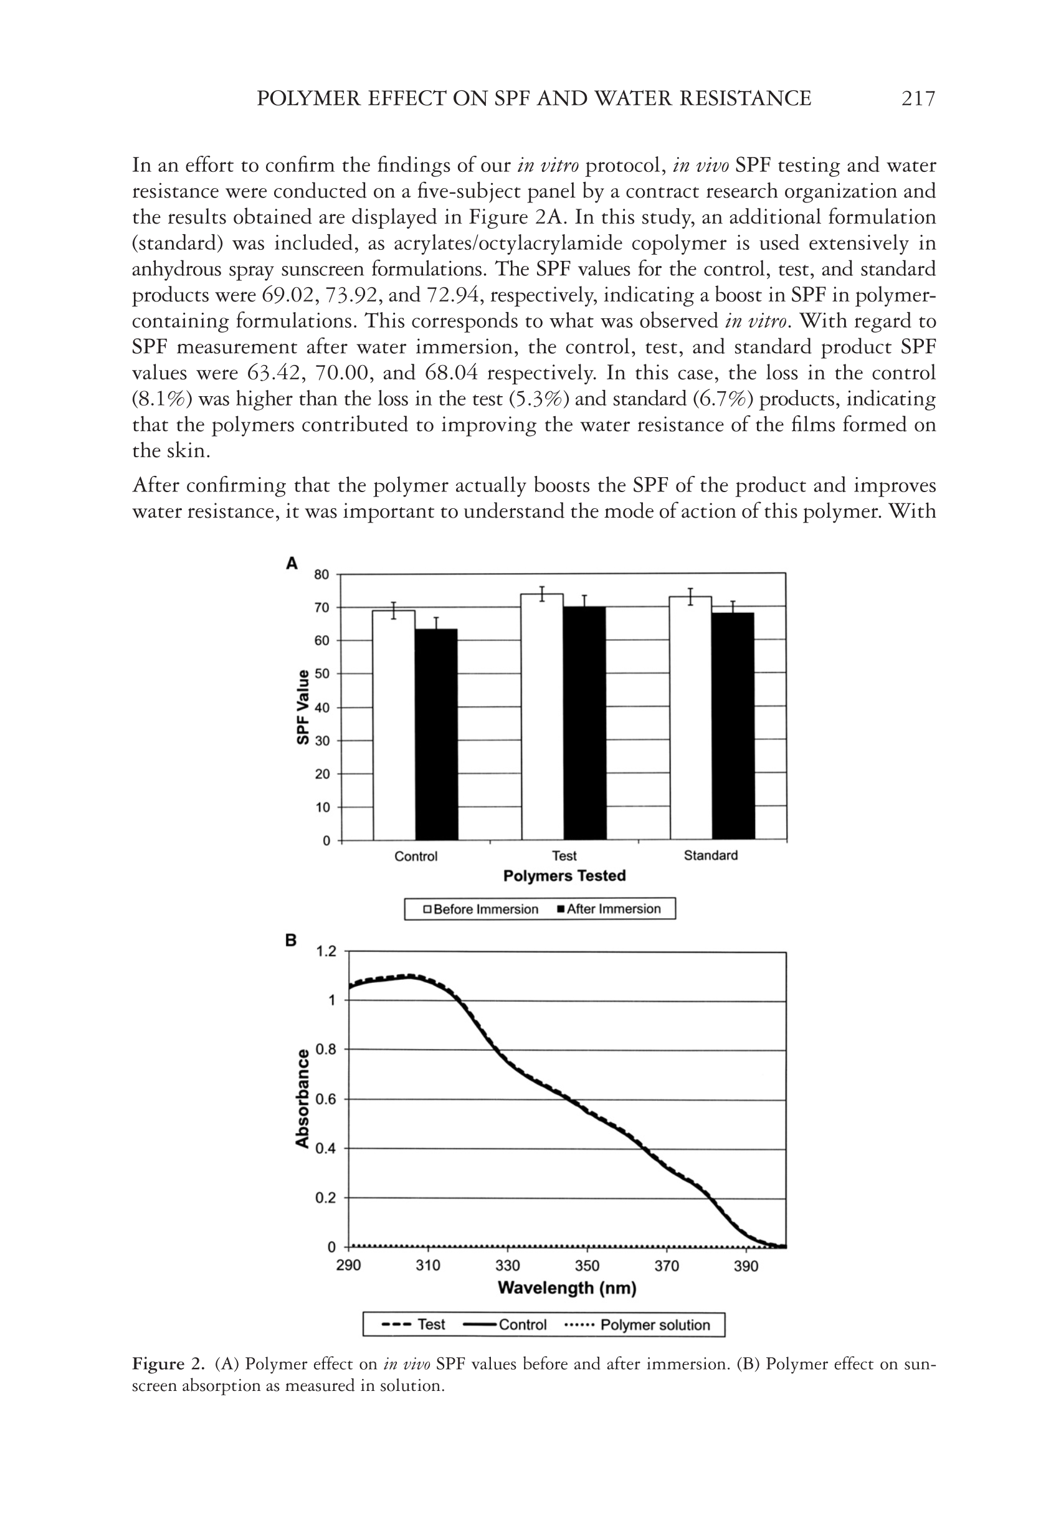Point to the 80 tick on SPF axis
click(321, 575)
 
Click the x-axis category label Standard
click(711, 855)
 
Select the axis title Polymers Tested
click(564, 876)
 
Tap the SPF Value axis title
click(302, 707)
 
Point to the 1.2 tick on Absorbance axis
click(326, 951)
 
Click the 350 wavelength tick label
click(587, 1265)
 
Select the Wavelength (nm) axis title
click(567, 1288)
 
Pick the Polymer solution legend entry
click(639, 1325)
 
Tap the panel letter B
click(291, 940)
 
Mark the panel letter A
click(292, 564)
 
